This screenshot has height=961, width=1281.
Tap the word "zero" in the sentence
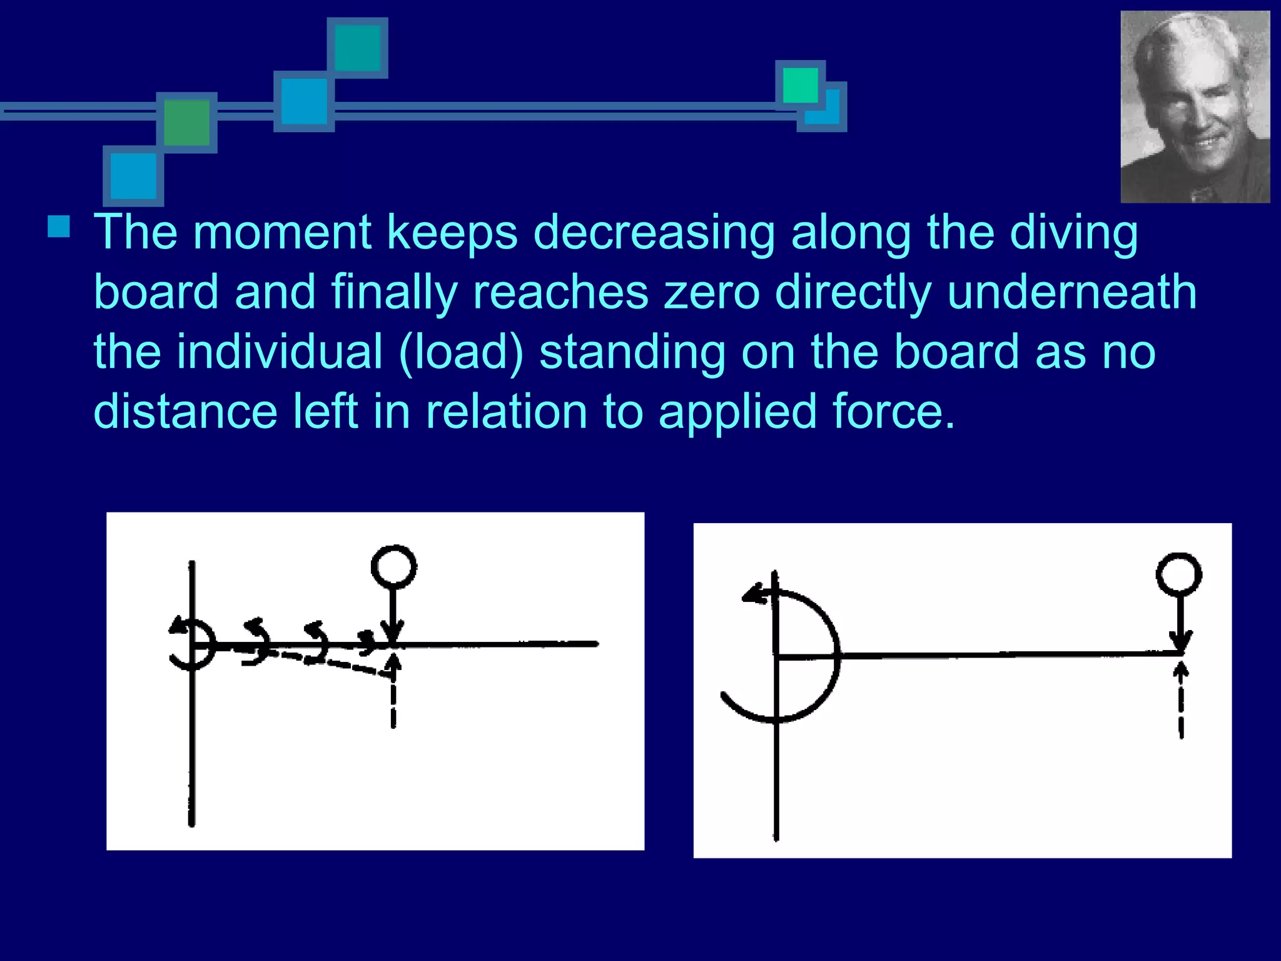[711, 292]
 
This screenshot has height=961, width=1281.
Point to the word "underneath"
[1071, 292]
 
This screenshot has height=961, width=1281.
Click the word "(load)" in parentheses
[460, 352]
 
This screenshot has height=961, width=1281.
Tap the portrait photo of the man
[1195, 107]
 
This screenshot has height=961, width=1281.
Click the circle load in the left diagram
[393, 567]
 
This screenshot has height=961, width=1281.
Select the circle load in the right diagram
[1178, 574]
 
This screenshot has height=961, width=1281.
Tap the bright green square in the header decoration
[800, 85]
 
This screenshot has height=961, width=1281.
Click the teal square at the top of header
[357, 48]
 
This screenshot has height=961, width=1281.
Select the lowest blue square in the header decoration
[133, 176]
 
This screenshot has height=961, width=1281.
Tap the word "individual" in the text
[279, 352]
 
